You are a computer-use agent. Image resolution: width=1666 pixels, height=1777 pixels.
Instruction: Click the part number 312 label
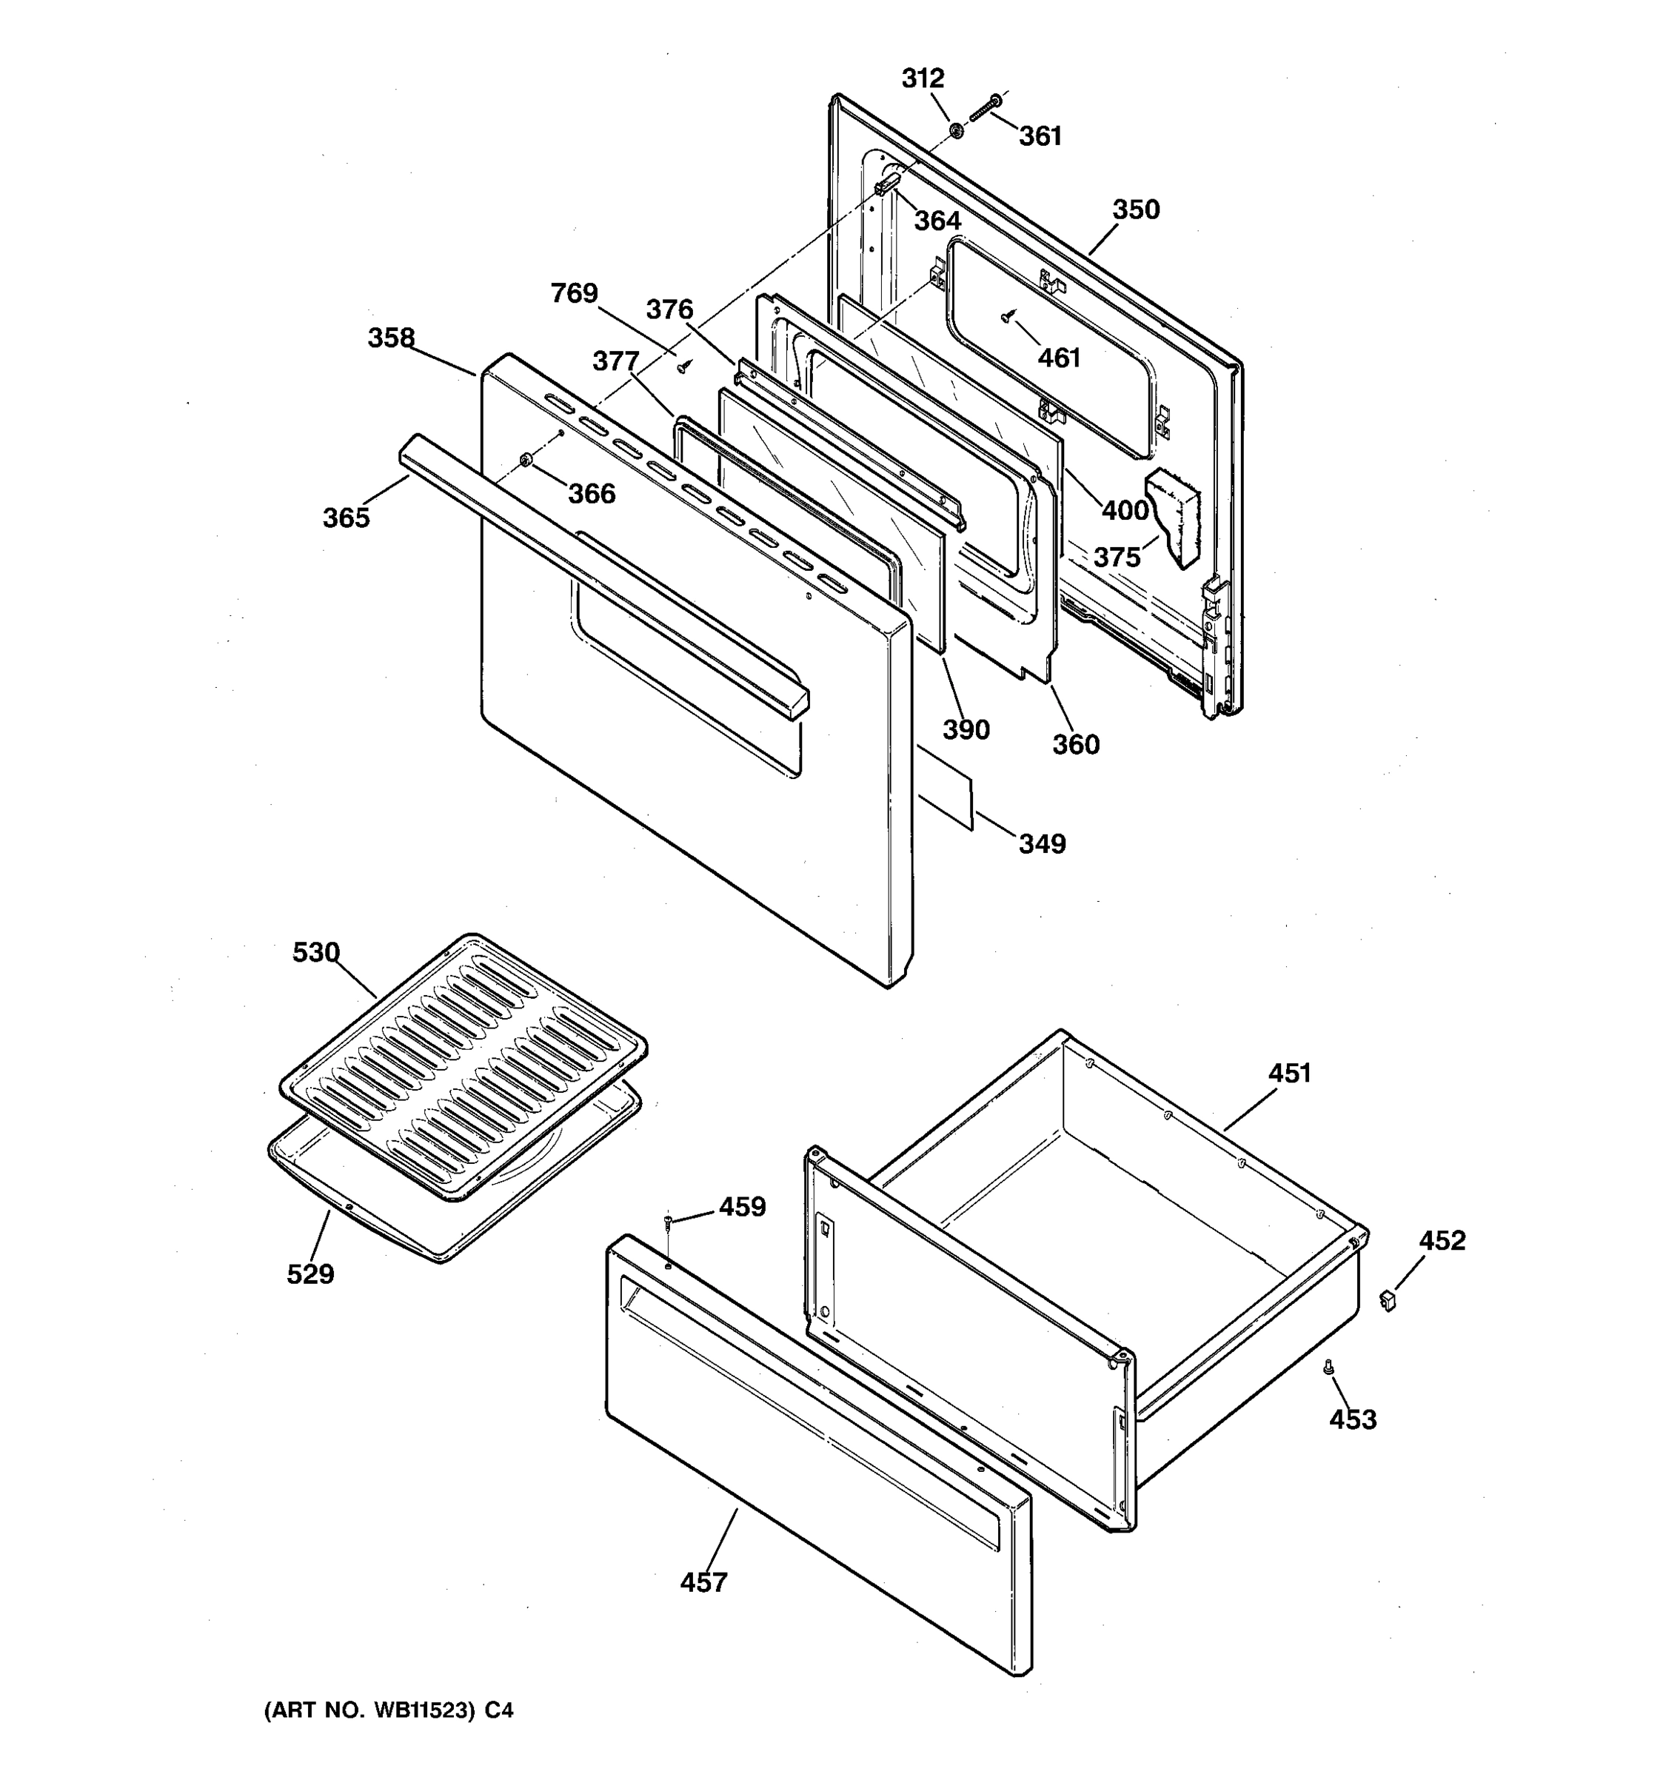click(x=923, y=78)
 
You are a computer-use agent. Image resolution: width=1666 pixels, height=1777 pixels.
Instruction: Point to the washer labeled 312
click(x=955, y=131)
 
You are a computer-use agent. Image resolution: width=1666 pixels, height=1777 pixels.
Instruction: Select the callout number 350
click(x=1135, y=210)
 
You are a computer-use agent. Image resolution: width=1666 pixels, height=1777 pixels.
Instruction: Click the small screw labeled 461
click(x=1007, y=315)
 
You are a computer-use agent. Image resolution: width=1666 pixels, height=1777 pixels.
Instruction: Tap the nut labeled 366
click(x=526, y=461)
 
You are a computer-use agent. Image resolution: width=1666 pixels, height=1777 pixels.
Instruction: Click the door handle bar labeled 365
click(x=599, y=572)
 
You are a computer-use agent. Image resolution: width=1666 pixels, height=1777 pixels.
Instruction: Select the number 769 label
click(x=574, y=293)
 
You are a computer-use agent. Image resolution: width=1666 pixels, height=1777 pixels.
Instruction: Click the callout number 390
click(x=966, y=730)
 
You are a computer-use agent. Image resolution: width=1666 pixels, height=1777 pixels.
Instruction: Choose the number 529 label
click(x=310, y=1274)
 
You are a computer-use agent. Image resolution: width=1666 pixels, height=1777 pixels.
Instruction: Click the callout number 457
click(x=703, y=1583)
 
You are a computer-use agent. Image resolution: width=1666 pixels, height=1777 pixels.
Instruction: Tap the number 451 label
click(x=1289, y=1074)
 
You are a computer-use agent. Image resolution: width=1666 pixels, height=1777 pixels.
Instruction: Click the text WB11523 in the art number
click(x=423, y=1711)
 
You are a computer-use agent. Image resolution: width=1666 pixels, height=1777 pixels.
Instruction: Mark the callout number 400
click(x=1125, y=510)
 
